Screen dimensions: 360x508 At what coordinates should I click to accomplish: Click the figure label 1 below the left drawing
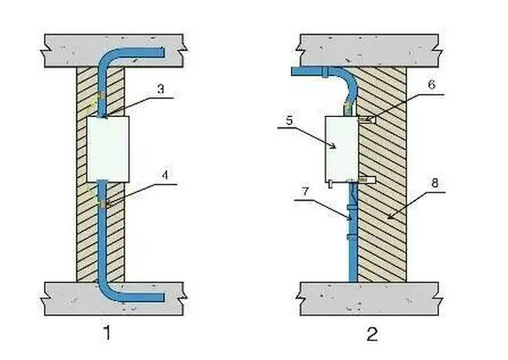click(x=106, y=333)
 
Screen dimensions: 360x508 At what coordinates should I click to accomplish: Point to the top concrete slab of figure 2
click(x=375, y=48)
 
